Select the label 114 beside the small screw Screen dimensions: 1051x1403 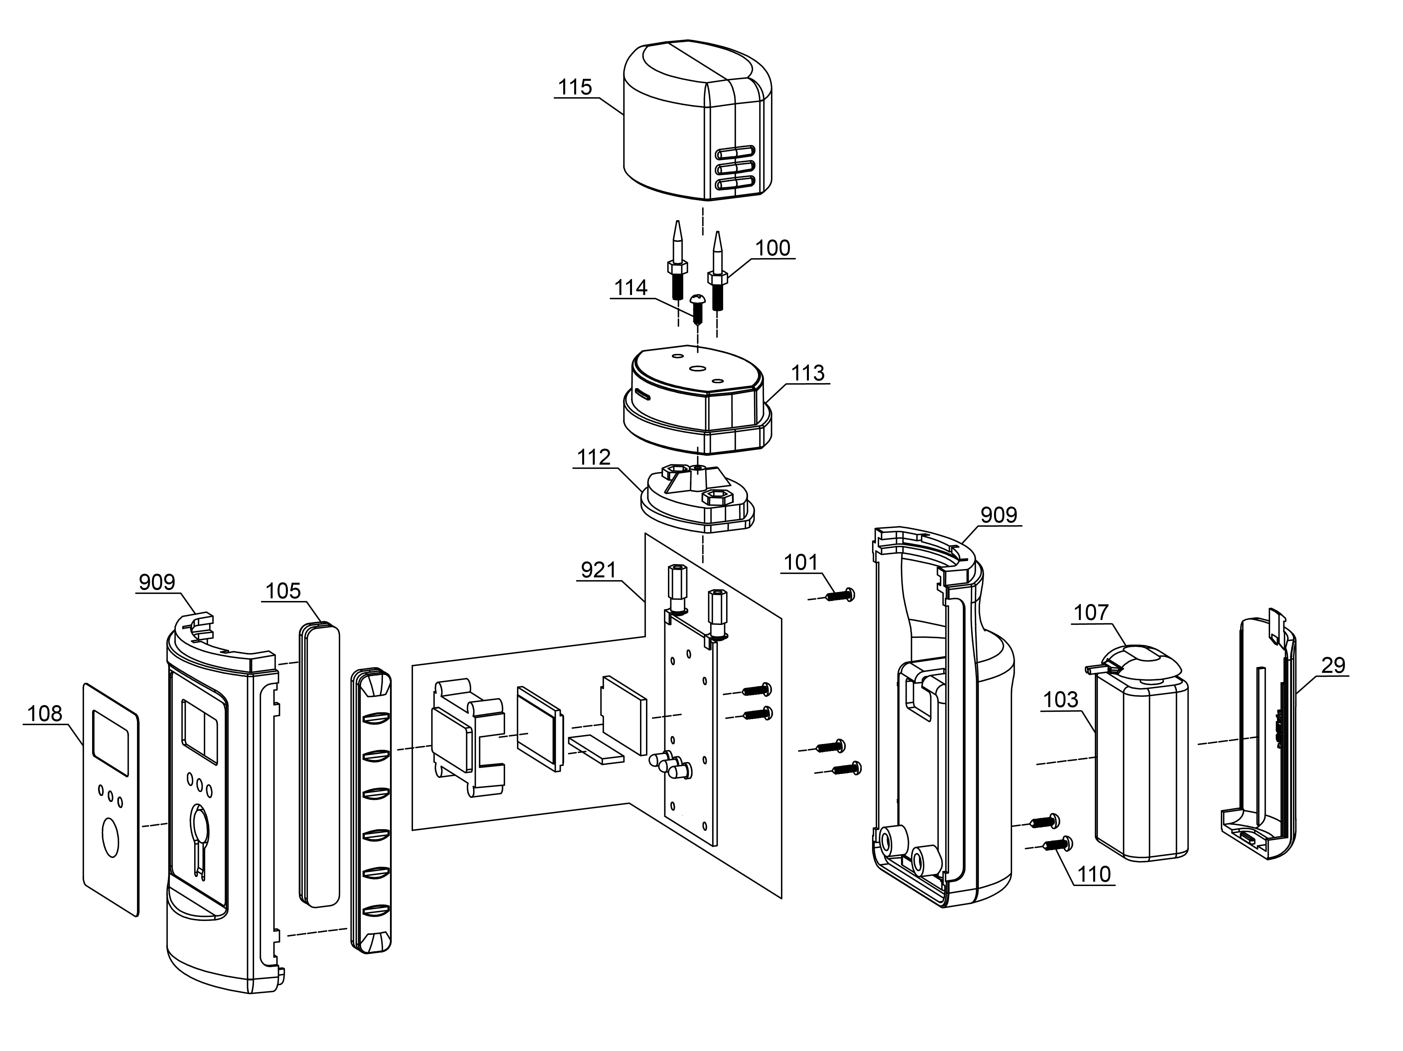pos(630,288)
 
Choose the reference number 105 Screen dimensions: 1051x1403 pos(283,591)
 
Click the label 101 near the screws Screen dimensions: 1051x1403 pos(801,562)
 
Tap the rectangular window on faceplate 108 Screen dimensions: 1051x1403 pos(111,736)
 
